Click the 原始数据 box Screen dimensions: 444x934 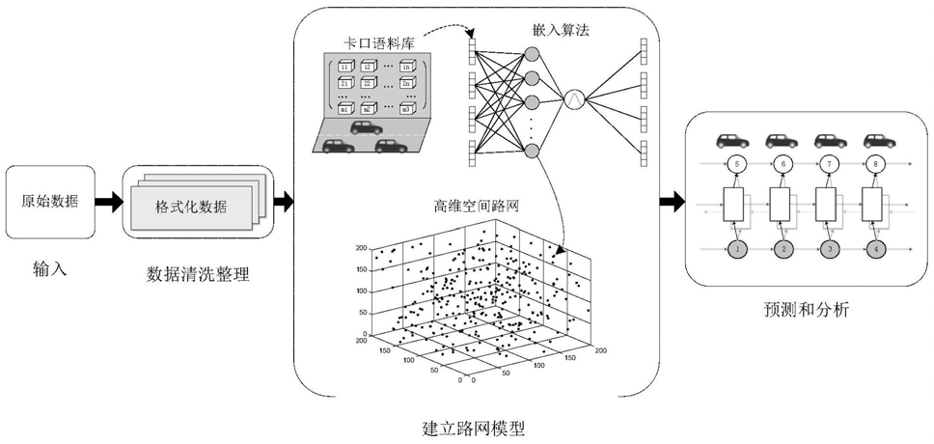tap(50, 202)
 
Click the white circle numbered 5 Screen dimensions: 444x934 tap(736, 165)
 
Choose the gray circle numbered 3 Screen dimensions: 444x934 tap(829, 250)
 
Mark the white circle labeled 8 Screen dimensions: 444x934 tap(874, 165)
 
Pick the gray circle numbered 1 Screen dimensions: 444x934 tap(736, 250)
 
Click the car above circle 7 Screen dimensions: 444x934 tap(828, 141)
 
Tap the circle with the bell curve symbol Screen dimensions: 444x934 tap(574, 98)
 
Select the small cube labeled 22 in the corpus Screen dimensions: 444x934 tap(369, 85)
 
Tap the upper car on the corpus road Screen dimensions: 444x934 tap(365, 126)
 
